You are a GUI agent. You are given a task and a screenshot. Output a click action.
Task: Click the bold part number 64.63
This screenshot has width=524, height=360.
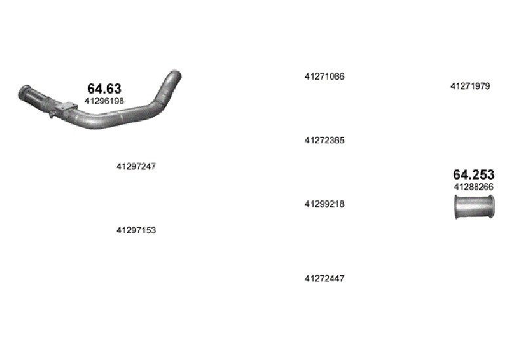click(x=104, y=88)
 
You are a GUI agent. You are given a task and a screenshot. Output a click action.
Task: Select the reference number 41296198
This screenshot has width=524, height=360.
click(x=104, y=101)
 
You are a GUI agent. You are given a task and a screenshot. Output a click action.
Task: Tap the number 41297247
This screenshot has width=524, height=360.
click(x=136, y=166)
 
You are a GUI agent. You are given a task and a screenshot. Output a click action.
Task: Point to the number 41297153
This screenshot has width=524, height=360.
click(x=136, y=230)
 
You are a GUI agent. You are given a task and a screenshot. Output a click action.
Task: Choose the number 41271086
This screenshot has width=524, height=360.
click(x=324, y=77)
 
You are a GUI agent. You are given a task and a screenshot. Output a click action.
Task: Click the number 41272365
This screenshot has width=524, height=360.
click(x=324, y=140)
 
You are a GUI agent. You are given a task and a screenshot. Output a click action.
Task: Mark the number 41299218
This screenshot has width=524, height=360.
click(x=324, y=204)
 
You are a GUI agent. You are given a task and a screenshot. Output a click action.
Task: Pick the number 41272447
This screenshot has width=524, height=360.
click(x=324, y=279)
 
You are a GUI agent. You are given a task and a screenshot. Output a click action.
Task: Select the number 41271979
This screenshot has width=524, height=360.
click(x=470, y=86)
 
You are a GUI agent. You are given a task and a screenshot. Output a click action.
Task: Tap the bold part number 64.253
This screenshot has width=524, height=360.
click(x=474, y=174)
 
